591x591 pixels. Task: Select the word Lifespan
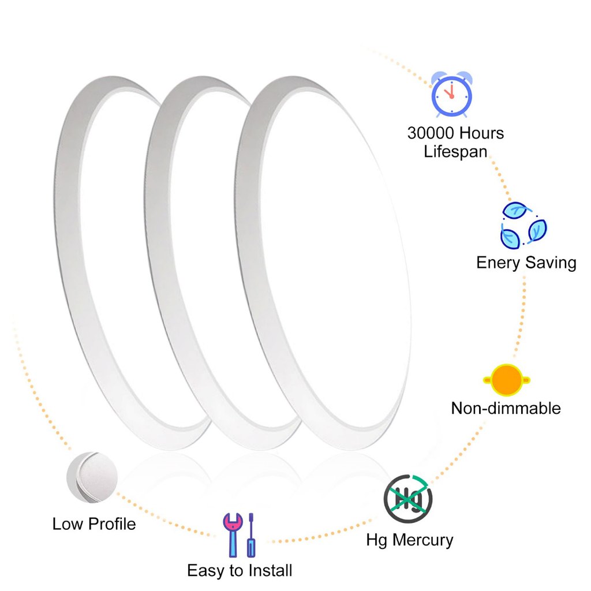[x=455, y=152]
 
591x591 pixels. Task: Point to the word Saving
[x=551, y=263]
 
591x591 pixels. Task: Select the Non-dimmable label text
[x=506, y=409]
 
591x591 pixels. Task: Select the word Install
[x=270, y=571]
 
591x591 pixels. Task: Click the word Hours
[x=481, y=133]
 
